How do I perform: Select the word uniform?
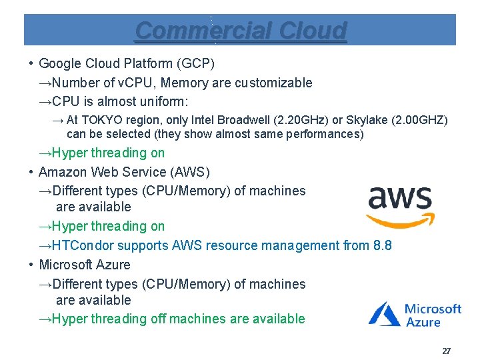163,101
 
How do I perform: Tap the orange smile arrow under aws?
400,220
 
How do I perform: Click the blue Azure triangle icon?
385,313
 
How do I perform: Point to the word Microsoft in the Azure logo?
433,309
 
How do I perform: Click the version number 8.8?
382,245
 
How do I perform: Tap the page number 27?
446,351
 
